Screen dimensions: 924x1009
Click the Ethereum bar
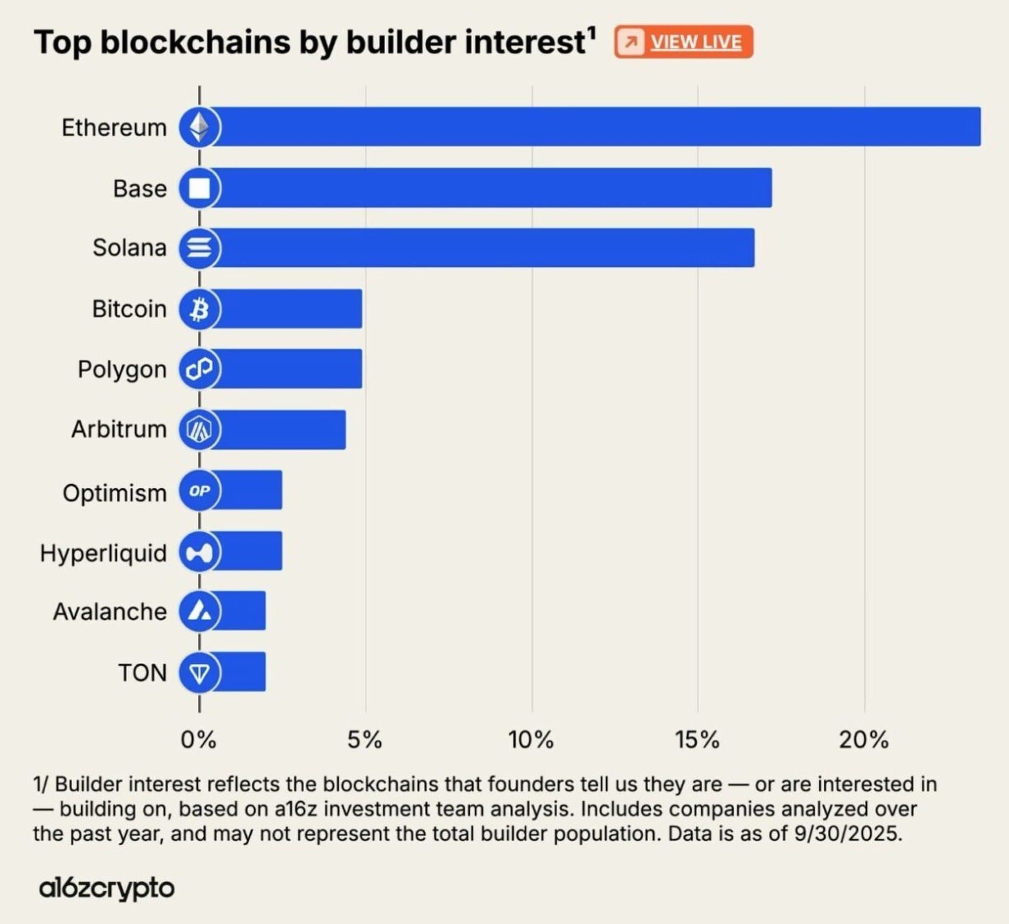pos(595,127)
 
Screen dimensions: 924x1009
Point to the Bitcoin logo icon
pos(199,309)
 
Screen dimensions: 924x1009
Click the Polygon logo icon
pos(199,369)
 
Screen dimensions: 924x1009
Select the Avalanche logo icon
pos(199,611)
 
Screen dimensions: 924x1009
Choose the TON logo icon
pos(199,672)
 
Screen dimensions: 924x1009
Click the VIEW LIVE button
pos(684,42)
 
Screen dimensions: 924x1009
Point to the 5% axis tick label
pos(365,740)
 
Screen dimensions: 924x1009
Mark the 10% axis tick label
pos(531,740)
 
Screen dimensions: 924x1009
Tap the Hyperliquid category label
pos(103,553)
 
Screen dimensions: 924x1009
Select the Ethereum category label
pos(114,128)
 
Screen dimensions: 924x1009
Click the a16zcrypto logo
pos(106,888)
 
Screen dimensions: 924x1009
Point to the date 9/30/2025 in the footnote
pos(847,833)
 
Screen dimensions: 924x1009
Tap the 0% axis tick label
pos(198,740)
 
